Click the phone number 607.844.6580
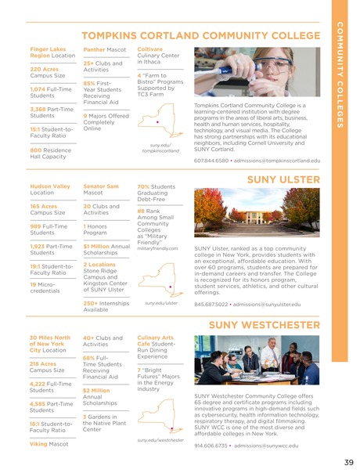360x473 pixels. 211,160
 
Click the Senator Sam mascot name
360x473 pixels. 101,187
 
